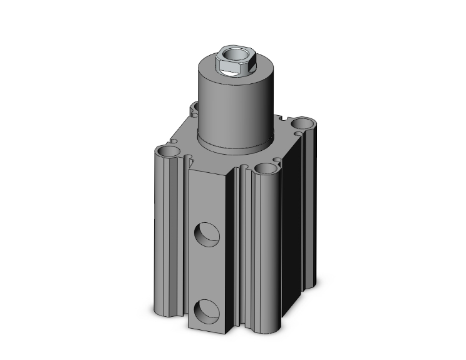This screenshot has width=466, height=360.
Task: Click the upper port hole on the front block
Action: [x=205, y=236]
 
